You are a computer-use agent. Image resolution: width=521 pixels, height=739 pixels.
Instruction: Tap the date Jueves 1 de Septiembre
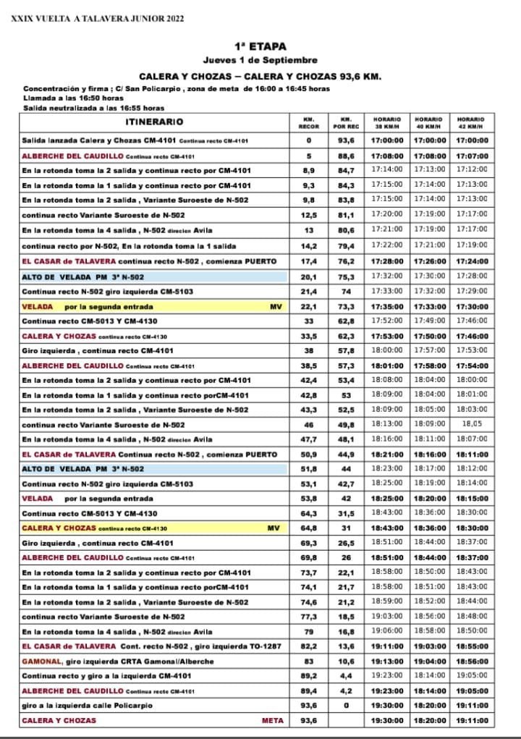point(260,59)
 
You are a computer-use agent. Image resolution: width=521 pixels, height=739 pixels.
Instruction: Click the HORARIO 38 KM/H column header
point(387,122)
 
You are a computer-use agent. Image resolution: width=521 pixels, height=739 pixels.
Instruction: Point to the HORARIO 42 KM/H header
point(471,122)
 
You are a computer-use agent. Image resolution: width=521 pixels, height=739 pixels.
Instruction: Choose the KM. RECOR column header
point(308,122)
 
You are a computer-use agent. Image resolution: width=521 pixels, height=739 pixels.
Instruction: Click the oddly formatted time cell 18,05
point(472,424)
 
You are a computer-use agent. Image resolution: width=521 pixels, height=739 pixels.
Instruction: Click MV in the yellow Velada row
point(275,307)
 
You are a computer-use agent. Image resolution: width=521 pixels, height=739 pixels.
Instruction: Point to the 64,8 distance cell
point(308,528)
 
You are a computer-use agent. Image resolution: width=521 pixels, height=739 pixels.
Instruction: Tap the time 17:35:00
point(387,307)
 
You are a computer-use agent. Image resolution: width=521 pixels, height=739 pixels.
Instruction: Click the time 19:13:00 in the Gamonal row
point(387,661)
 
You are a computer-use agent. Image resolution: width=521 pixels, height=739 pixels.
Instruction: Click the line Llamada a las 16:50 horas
point(73,96)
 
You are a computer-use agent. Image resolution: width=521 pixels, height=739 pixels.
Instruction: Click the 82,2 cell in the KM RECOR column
point(308,646)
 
